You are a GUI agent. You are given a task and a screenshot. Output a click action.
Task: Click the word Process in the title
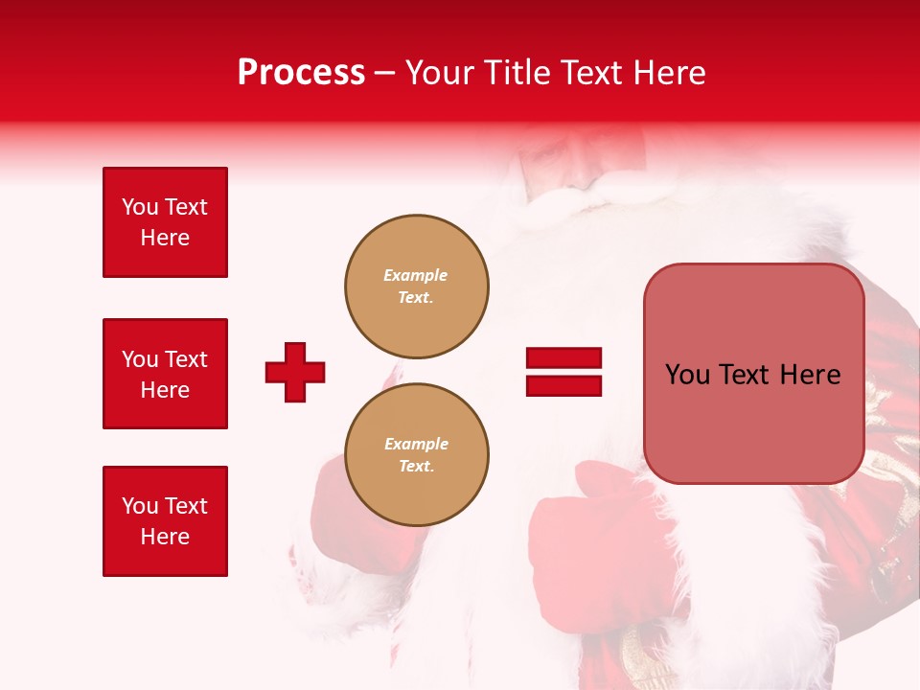click(301, 73)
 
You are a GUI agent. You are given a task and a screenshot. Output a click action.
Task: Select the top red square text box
click(165, 222)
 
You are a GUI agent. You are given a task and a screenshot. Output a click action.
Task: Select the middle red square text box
click(165, 374)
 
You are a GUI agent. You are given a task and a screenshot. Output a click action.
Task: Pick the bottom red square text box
click(165, 521)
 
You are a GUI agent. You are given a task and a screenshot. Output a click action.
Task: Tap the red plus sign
click(295, 372)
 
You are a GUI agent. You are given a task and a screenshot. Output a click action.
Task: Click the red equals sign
click(563, 372)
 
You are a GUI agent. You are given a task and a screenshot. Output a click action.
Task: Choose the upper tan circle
click(417, 286)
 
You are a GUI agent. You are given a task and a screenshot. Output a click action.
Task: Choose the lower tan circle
click(417, 454)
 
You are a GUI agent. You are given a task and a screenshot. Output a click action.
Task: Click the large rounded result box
click(753, 374)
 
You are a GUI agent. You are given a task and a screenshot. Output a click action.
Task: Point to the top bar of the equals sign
click(563, 358)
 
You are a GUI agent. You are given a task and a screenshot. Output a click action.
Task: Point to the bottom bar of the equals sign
click(563, 385)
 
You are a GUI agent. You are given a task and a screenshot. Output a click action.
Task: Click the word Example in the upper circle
click(416, 275)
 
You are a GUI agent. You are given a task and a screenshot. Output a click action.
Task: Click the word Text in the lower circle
click(416, 467)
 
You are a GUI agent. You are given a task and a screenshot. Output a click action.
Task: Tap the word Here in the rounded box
click(810, 375)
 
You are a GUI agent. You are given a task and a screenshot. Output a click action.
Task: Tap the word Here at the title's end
click(670, 73)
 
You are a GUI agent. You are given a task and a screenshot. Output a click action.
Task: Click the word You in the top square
click(140, 207)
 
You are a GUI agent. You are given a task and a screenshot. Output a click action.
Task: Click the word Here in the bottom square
click(165, 537)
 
